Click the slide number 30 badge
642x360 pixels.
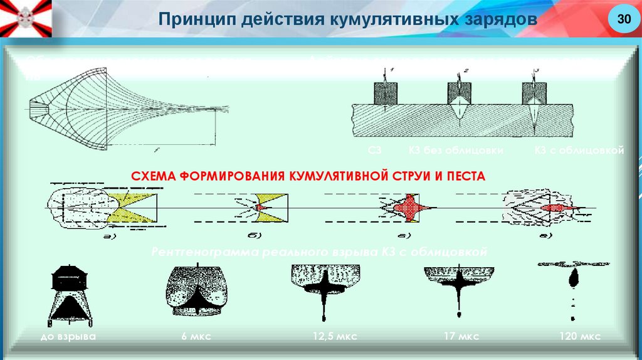(623, 19)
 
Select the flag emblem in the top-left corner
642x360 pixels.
(26, 17)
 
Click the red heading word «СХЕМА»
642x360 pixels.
(152, 176)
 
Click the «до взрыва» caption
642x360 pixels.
(65, 337)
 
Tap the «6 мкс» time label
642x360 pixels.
(195, 337)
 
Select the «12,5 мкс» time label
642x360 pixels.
(329, 337)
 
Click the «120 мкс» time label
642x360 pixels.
(580, 337)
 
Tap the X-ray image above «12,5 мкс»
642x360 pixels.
(326, 289)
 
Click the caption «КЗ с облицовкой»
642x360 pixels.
(579, 151)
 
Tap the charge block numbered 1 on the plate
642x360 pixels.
(384, 93)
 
